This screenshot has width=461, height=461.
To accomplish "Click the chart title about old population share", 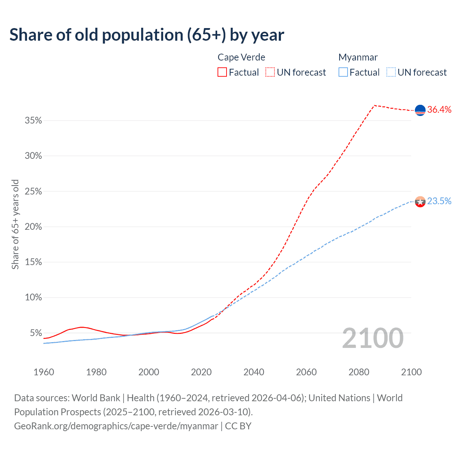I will tap(147, 35).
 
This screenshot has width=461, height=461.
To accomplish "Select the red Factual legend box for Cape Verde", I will tap(222, 72).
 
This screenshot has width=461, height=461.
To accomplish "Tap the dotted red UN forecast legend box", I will tap(270, 72).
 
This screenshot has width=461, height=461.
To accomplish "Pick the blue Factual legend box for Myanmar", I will tap(343, 72).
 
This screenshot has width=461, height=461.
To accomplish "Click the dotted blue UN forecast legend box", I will tap(391, 72).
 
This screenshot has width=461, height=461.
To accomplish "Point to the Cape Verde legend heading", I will tap(241, 57).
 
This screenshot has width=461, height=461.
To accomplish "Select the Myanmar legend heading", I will tap(358, 57).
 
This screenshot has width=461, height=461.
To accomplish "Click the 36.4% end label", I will tap(439, 110).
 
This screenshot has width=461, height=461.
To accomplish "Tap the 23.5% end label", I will tap(439, 201).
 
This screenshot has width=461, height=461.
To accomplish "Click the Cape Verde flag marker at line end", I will tap(420, 110).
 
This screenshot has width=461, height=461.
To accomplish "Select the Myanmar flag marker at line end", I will tap(420, 202).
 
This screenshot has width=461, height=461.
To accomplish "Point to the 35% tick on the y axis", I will tap(33, 121).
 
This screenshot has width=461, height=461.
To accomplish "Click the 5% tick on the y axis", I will tap(36, 333).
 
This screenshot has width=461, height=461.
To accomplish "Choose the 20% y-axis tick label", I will tap(33, 227).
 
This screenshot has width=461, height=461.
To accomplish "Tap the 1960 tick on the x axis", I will tap(44, 372).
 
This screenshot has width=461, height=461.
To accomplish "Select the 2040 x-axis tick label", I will tap(254, 372).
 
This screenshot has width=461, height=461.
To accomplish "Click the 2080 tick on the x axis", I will tap(359, 372).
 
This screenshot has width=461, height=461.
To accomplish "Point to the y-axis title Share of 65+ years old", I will tap(15, 224).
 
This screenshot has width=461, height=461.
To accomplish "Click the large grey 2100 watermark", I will tap(373, 338).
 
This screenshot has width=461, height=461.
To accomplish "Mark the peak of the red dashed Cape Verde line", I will tap(375, 105).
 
